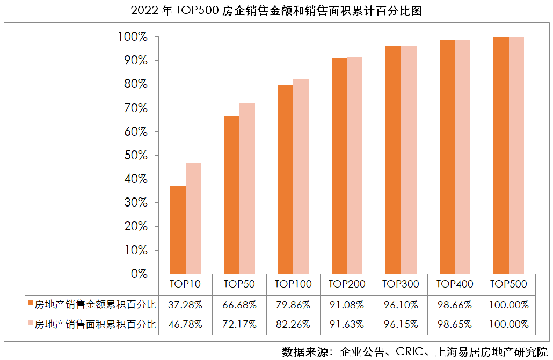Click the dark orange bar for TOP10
click(x=178, y=230)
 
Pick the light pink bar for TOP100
click(x=301, y=177)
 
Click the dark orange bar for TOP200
click(x=339, y=166)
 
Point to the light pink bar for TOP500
click(x=516, y=156)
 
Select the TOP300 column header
click(x=401, y=284)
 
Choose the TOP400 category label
click(x=454, y=284)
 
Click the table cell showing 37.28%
click(x=185, y=305)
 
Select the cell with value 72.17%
click(x=239, y=325)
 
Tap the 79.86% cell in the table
click(x=293, y=305)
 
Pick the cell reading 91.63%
click(x=347, y=325)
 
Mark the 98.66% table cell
click(x=454, y=305)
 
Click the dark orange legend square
click(x=31, y=305)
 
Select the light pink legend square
click(x=31, y=325)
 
